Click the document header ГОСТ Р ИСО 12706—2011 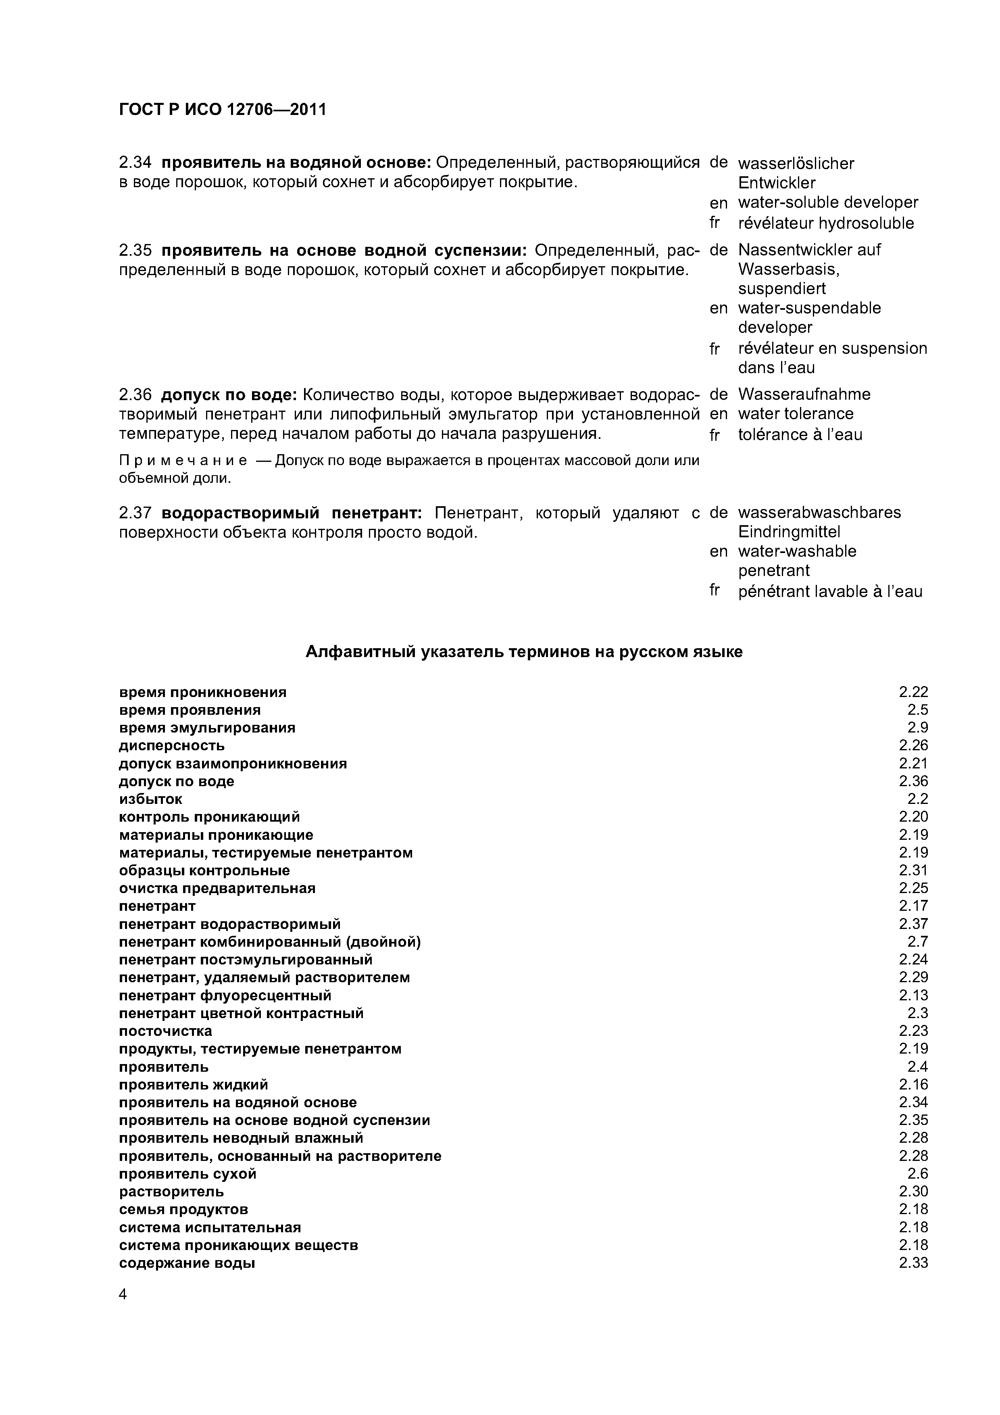[223, 110]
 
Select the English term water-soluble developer [827, 203]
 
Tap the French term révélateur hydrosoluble [826, 223]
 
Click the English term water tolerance [796, 413]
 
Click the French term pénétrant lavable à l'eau [830, 592]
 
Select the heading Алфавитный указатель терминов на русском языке [524, 652]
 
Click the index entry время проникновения [203, 692]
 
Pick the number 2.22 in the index [913, 692]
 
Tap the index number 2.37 [913, 924]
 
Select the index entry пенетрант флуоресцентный [225, 996]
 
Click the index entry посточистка [165, 1031]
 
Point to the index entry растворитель [171, 1191]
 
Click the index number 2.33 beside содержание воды [913, 1263]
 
